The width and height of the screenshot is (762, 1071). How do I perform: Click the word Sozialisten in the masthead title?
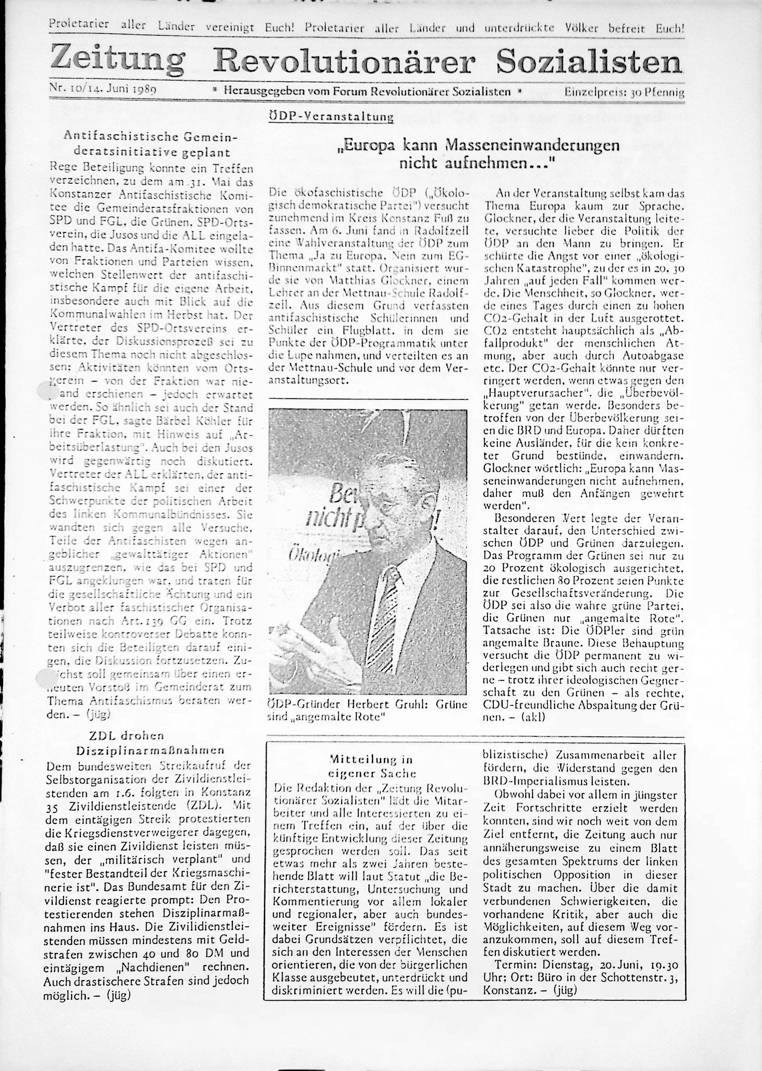[589, 61]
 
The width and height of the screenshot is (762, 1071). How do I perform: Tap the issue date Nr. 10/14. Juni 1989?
[103, 88]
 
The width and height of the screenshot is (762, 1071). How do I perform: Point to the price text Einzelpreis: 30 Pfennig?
[624, 92]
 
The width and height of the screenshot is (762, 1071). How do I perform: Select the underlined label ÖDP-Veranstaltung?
[331, 116]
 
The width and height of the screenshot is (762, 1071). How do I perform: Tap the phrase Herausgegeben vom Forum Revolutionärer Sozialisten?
[366, 92]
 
